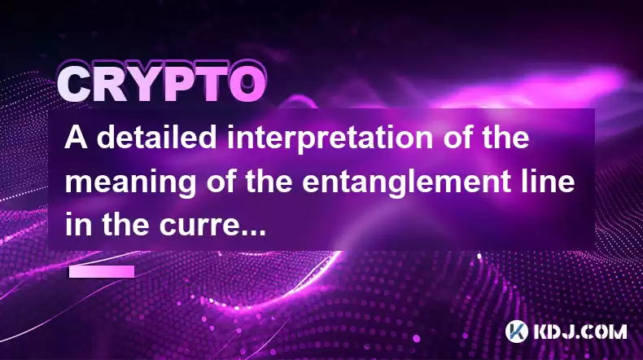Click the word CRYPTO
click(161, 83)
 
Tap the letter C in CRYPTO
click(75, 84)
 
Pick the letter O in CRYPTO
click(247, 84)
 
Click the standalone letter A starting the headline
click(77, 138)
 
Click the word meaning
click(130, 184)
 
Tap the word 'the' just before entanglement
click(269, 182)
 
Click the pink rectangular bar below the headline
click(102, 272)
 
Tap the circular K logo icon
click(517, 331)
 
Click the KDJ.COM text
click(580, 331)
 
